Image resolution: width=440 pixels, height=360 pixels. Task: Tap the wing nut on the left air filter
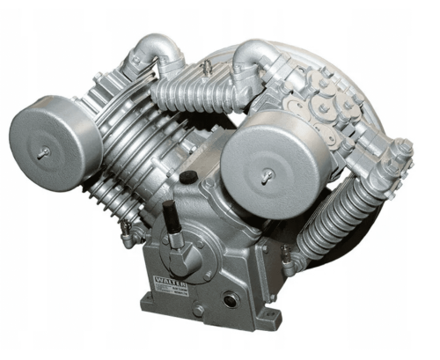[x=42, y=153]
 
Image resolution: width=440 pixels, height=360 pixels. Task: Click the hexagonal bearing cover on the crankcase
[x=180, y=254]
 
